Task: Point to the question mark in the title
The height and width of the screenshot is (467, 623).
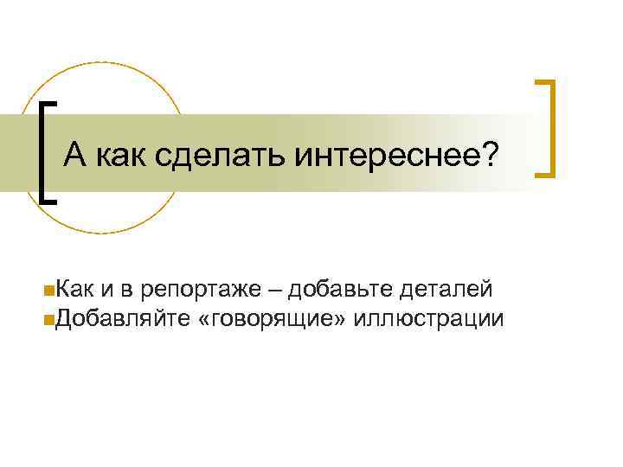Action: pyautogui.click(x=491, y=156)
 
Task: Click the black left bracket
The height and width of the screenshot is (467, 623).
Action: pyautogui.click(x=47, y=150)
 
